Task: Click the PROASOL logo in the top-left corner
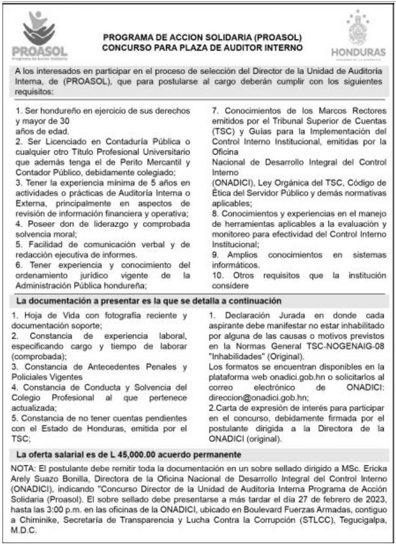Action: click(x=39, y=35)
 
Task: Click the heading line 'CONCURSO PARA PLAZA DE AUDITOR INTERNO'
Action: click(x=202, y=46)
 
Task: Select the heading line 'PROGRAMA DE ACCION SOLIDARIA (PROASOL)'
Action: click(x=202, y=36)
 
